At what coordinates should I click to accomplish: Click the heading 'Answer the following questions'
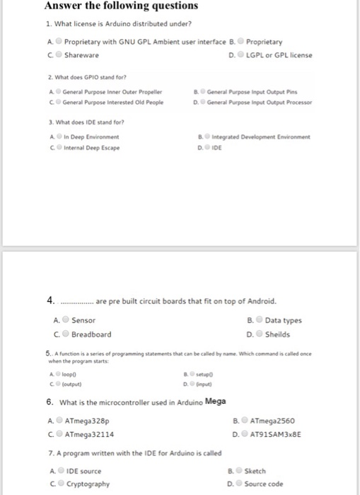click(121, 6)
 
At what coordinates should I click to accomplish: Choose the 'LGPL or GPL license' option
click(241, 55)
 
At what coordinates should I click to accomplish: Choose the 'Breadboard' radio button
click(64, 334)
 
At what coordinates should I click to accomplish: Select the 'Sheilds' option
click(258, 334)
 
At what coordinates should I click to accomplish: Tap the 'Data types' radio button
click(258, 320)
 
